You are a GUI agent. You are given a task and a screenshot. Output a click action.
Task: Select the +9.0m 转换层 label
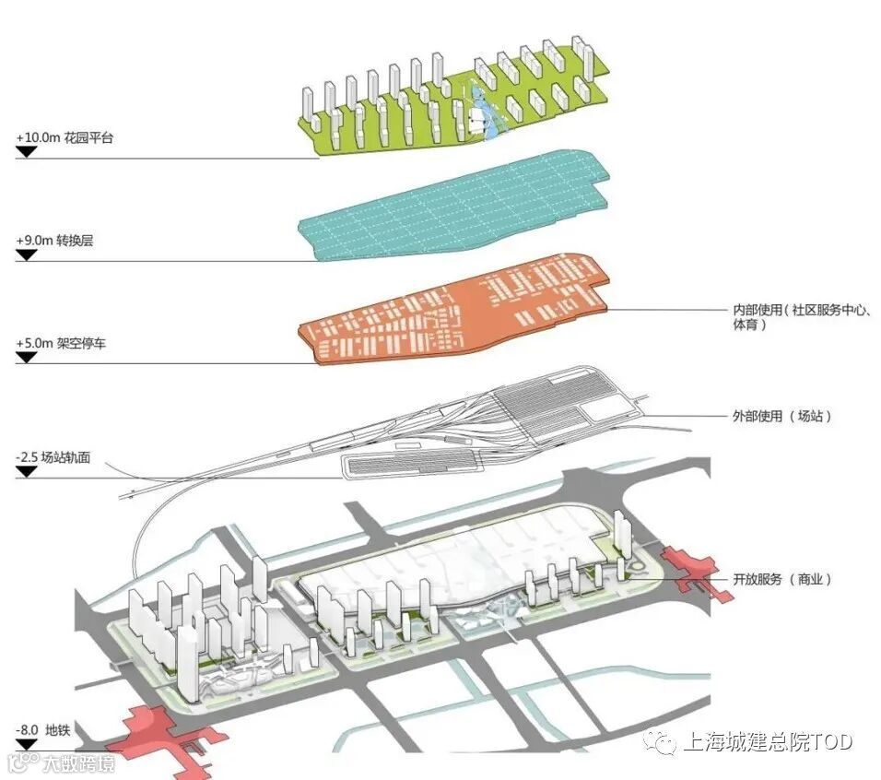54,241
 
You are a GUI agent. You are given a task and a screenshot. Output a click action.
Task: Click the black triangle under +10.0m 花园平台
27,151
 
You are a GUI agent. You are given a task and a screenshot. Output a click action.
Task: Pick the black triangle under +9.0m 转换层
27,254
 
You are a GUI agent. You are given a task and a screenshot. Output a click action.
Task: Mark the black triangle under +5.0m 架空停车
27,357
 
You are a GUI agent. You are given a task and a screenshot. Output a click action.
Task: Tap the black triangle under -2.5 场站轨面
27,471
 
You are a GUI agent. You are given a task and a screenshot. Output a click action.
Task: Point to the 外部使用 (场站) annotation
782,417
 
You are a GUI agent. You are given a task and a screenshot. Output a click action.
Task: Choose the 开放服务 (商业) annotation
782,579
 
